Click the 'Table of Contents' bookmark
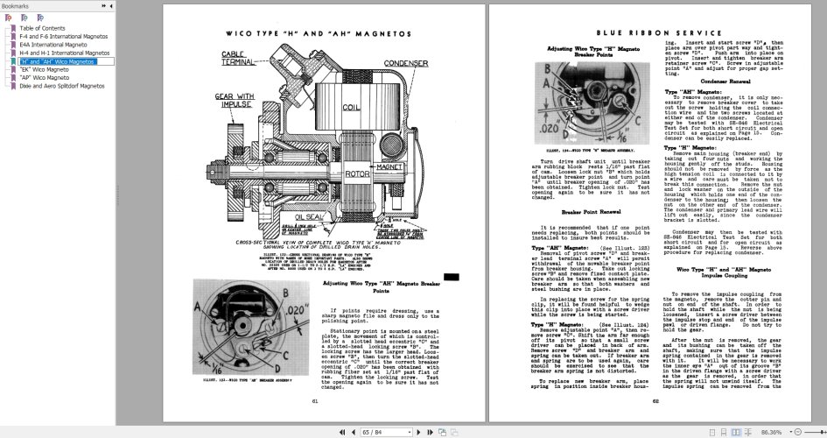click(42, 28)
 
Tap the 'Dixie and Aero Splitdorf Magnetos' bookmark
click(60, 87)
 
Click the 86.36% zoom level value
click(771, 432)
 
